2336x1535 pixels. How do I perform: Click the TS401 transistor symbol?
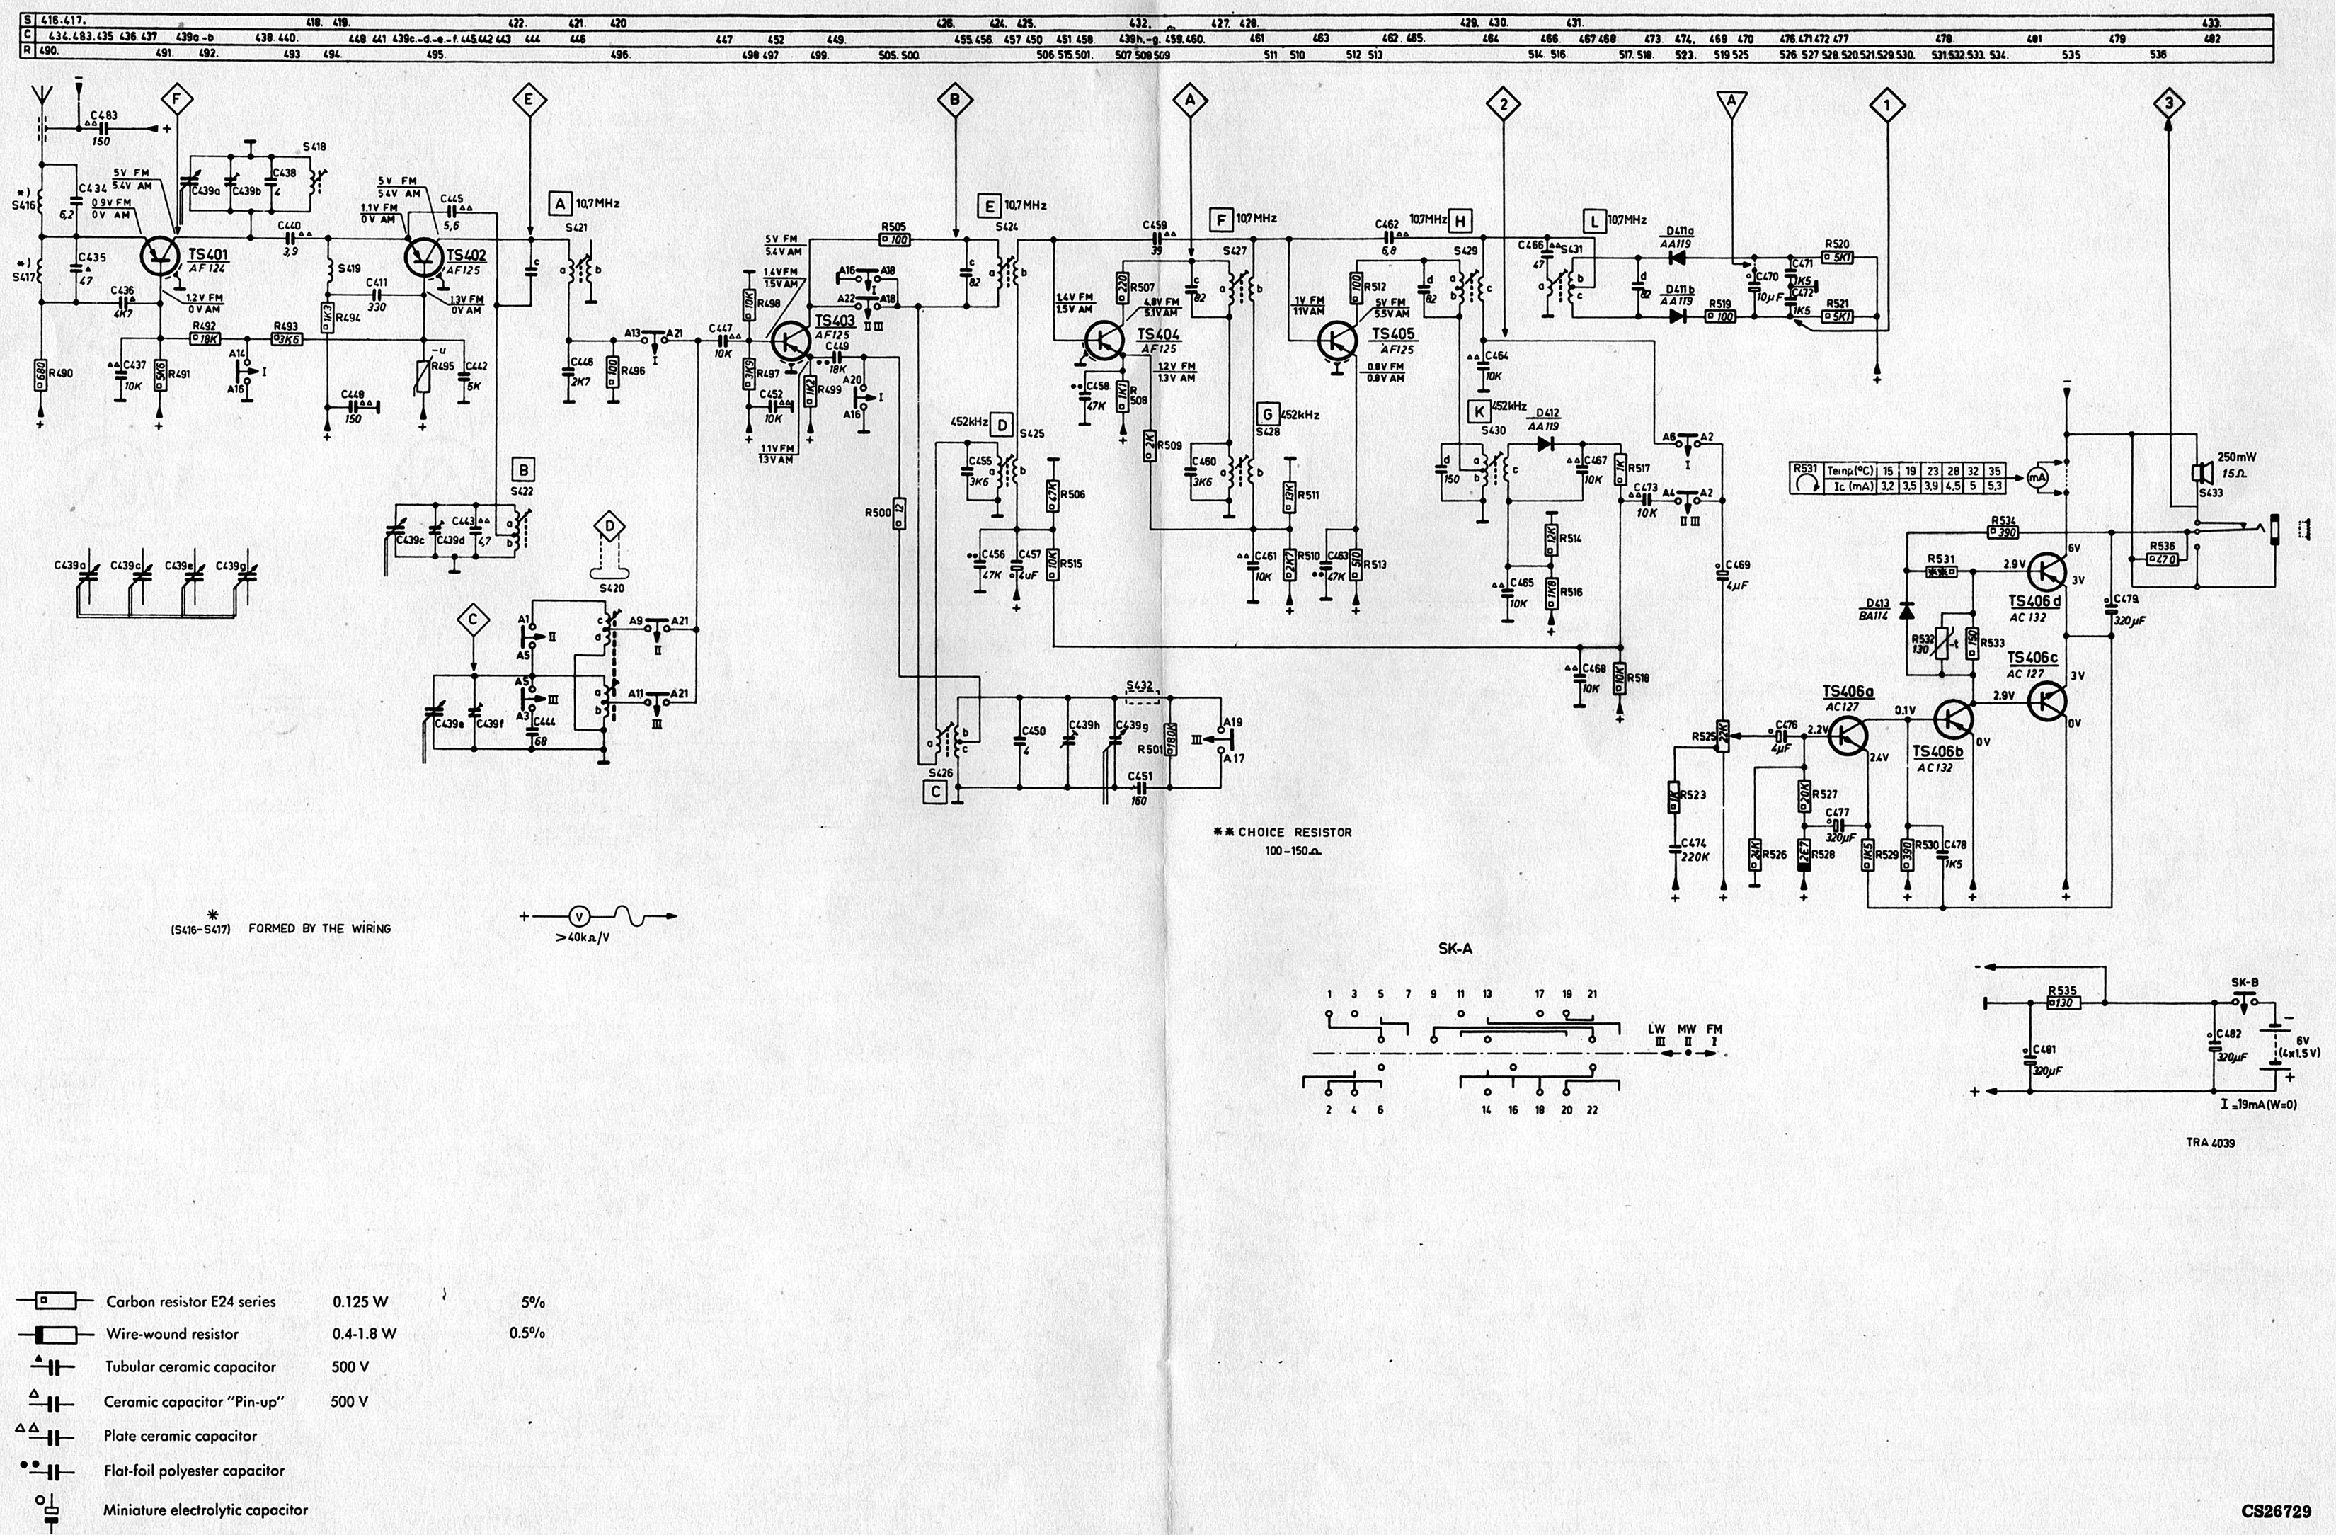pyautogui.click(x=159, y=254)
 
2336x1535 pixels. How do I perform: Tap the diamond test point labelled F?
pyautogui.click(x=178, y=99)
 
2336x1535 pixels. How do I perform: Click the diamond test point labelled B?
pyautogui.click(x=954, y=99)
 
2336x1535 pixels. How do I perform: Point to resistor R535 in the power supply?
pyautogui.click(x=2062, y=1003)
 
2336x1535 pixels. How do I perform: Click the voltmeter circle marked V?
pyautogui.click(x=579, y=917)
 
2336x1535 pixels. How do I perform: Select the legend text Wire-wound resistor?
pyautogui.click(x=172, y=1334)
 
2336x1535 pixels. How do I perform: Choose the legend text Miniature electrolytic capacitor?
pyautogui.click(x=205, y=1510)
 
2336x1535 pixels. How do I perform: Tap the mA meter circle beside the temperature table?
pyautogui.click(x=2037, y=477)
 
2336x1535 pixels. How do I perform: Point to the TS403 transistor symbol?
pyautogui.click(x=789, y=341)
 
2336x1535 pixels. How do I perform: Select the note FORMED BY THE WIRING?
pyautogui.click(x=319, y=928)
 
